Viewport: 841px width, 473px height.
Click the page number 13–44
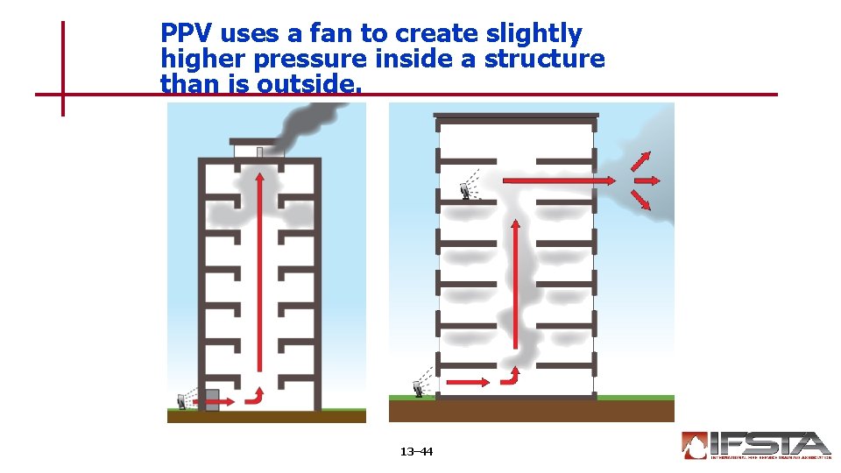[x=416, y=452]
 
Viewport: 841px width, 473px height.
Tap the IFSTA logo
[x=755, y=445]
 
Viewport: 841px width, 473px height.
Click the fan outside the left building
[x=182, y=400]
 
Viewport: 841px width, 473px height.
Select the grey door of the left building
[x=212, y=399]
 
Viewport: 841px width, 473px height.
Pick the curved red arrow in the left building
[x=255, y=395]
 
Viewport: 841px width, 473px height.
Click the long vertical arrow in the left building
[x=259, y=272]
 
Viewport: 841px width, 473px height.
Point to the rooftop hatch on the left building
[x=259, y=152]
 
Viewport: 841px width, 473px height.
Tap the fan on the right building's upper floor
[x=465, y=190]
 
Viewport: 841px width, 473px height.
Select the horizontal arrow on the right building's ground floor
[x=468, y=382]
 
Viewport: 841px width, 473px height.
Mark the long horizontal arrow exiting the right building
[x=561, y=180]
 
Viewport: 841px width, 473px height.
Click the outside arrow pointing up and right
[x=641, y=162]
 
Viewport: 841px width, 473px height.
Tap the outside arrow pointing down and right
[x=641, y=200]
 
